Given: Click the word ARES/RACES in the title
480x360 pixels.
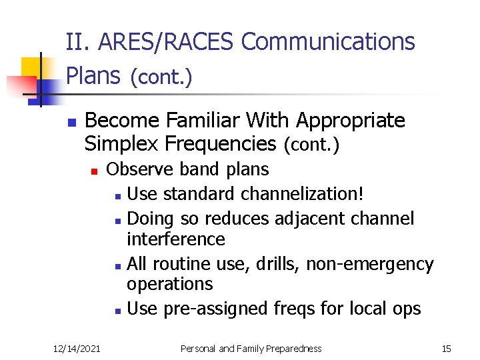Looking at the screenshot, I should pos(167,42).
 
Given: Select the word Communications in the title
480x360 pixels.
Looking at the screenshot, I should pos(328,42).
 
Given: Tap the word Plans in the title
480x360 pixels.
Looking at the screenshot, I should pos(94,76).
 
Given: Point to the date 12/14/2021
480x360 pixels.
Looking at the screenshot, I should pos(78,348).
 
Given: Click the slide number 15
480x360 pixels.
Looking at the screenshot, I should pos(446,348).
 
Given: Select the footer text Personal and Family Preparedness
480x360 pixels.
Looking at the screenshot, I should pos(252,348).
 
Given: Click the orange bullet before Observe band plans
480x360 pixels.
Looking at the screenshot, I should pos(95,171).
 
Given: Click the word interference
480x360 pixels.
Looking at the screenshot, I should pos(176,239).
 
